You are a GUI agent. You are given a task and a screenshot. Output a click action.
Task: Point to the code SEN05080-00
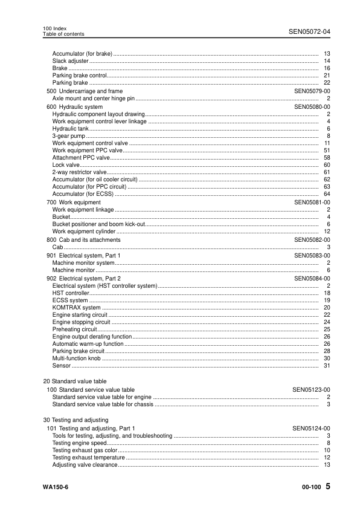(312, 106)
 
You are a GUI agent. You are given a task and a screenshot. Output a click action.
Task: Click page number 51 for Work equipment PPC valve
(326, 150)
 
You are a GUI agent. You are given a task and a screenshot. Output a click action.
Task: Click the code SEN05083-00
(312, 256)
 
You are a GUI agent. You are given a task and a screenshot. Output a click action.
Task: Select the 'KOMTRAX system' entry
(77, 307)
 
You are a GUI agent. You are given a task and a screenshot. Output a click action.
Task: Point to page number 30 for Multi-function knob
(326, 358)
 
